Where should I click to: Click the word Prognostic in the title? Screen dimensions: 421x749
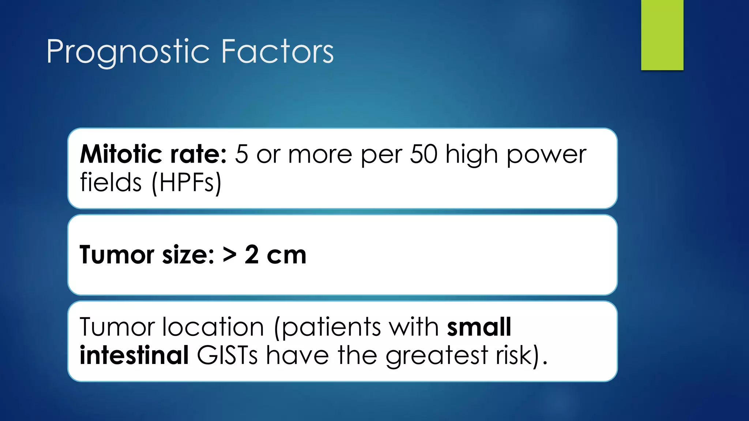coord(128,52)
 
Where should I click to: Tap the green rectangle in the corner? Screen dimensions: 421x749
coord(662,35)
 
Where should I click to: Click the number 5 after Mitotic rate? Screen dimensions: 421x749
coord(241,154)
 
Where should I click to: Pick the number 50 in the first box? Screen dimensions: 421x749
coord(423,154)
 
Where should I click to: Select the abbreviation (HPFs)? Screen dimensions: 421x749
coord(186,183)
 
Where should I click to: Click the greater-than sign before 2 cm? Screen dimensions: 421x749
coord(229,255)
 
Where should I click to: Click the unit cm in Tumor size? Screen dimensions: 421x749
coord(286,255)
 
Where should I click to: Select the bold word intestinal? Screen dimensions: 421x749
coord(134,355)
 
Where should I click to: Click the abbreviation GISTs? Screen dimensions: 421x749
coord(227,355)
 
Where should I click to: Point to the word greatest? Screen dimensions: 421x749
coord(437,356)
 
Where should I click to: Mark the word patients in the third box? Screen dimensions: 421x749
coord(331,327)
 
